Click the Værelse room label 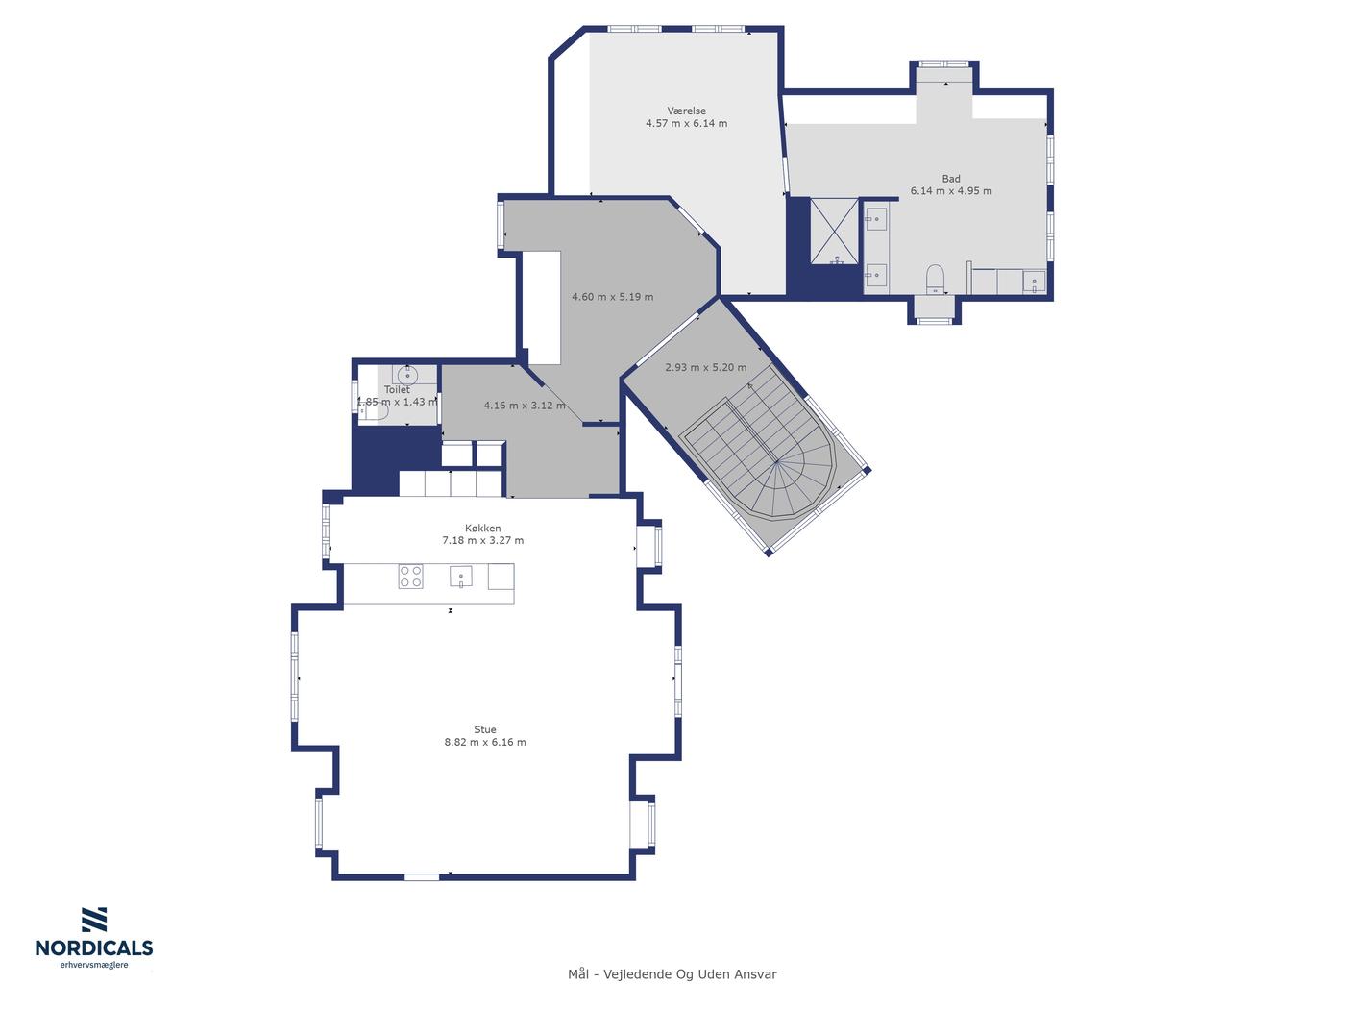[686, 111]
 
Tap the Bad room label [950, 179]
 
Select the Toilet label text [397, 389]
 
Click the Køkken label [483, 529]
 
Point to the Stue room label [485, 729]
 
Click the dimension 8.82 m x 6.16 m [485, 742]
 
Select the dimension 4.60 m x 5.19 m [612, 297]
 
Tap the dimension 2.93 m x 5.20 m [705, 368]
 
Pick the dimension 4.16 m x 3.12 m [525, 405]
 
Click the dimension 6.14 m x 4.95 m [950, 190]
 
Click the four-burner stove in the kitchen [410, 577]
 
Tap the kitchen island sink [461, 577]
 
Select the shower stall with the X [834, 231]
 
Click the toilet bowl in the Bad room [935, 280]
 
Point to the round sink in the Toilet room [407, 374]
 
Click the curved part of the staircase [794, 484]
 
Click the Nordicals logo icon [94, 920]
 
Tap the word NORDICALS [94, 947]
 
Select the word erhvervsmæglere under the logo [94, 965]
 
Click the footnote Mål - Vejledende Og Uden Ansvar [672, 974]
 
